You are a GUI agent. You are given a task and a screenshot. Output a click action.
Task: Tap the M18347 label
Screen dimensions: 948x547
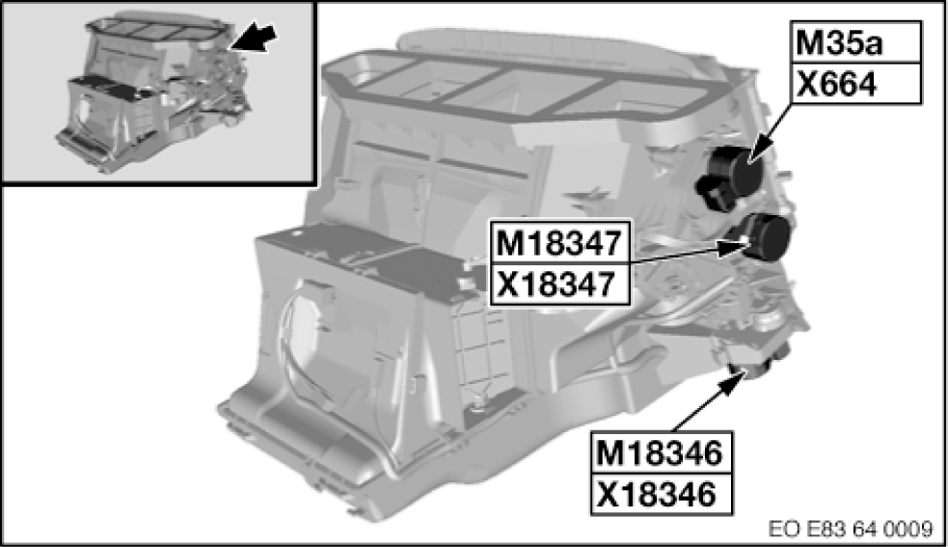[559, 243]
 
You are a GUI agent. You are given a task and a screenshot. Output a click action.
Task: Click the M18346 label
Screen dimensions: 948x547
[661, 452]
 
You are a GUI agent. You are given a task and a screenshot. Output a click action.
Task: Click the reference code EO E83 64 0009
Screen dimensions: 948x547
[851, 530]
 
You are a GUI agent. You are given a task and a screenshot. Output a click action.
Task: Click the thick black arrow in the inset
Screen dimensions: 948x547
[254, 39]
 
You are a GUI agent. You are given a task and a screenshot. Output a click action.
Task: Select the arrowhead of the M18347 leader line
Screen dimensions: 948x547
[732, 246]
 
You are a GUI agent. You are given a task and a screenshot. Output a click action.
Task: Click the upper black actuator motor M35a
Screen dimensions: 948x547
[734, 172]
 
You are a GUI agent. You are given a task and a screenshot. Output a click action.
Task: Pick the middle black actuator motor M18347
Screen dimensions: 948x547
[759, 236]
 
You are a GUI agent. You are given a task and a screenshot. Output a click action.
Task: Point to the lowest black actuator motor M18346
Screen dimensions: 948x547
[759, 361]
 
